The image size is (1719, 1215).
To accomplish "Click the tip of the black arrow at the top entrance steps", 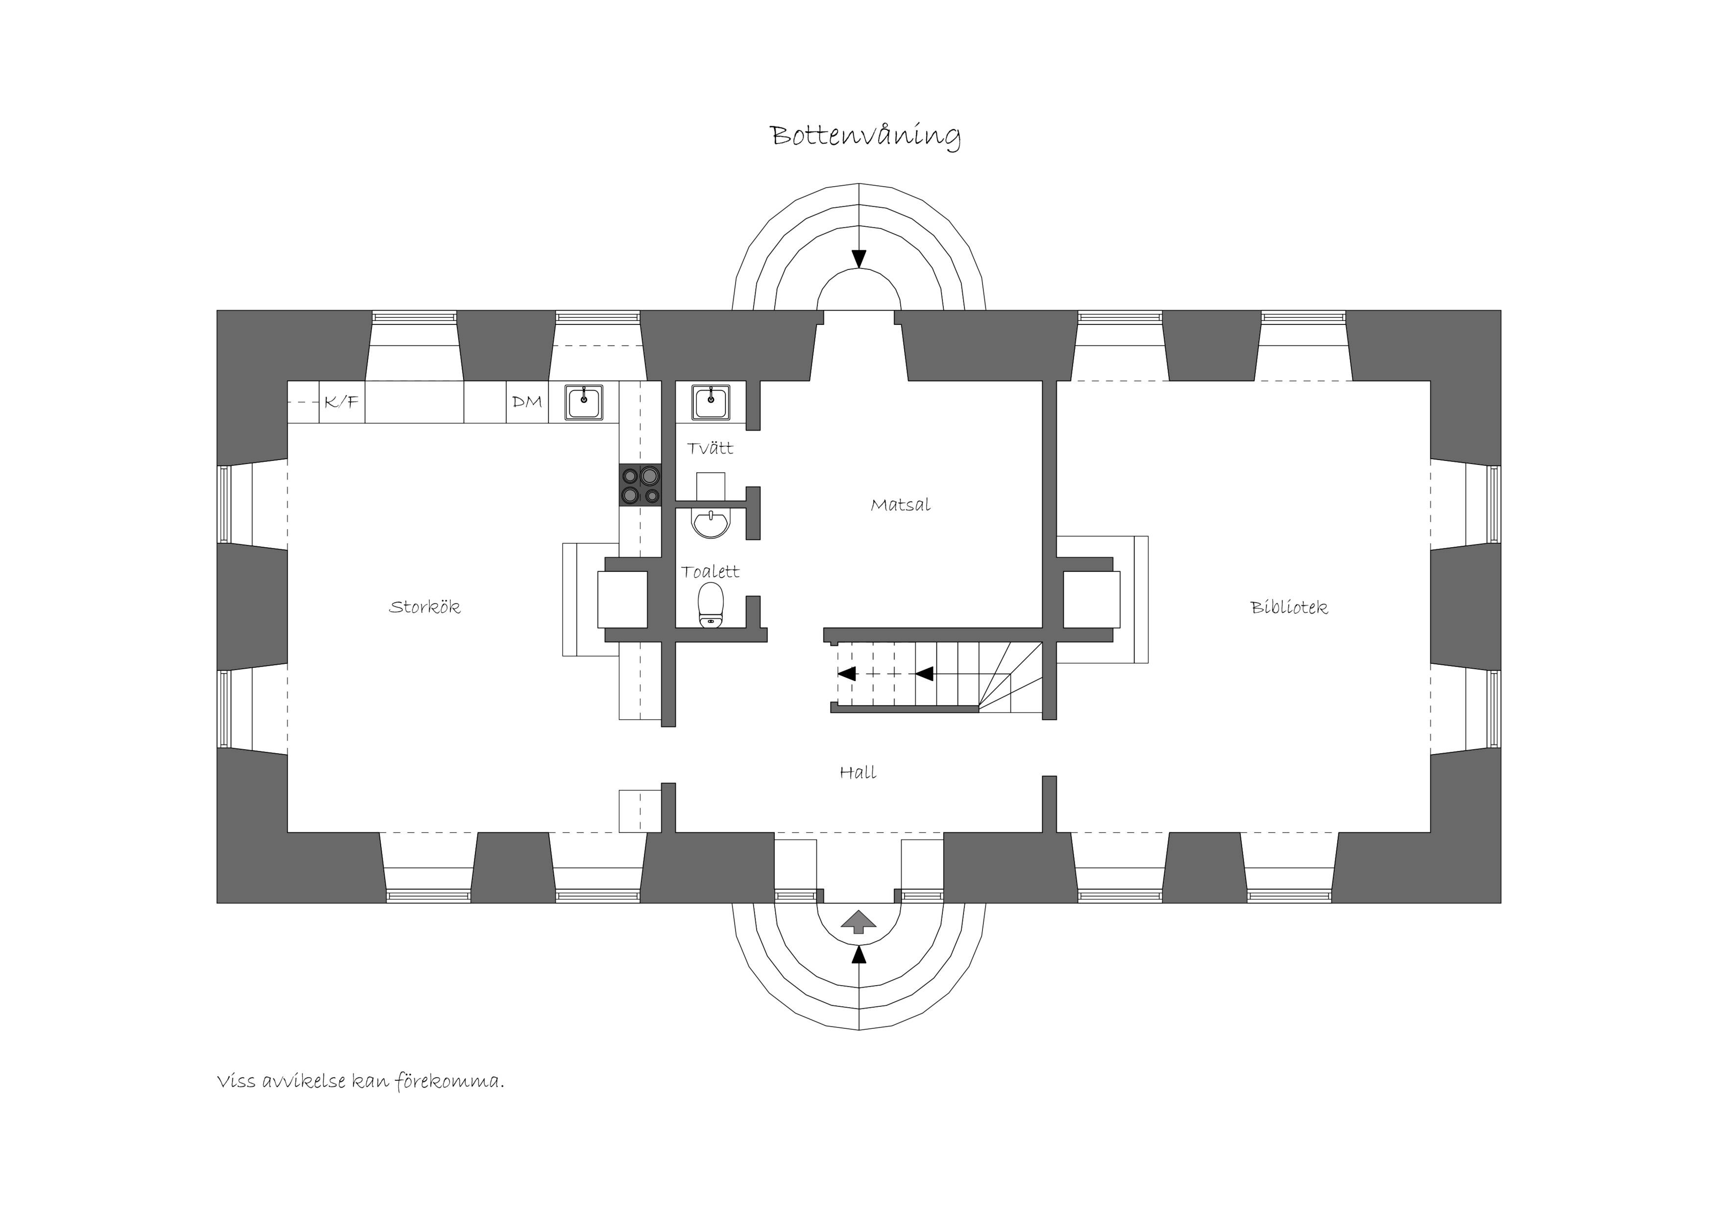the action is point(859,267).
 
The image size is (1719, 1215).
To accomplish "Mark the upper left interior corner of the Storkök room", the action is point(288,382).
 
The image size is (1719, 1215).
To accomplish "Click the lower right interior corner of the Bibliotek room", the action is point(1429,831).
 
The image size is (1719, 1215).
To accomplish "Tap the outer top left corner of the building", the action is point(217,311).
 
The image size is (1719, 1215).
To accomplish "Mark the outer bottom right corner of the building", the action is point(1500,903).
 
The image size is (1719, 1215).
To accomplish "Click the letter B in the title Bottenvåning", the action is point(780,136).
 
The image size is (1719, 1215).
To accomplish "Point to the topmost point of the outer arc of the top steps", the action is point(859,183).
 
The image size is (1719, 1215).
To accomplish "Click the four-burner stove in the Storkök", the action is point(640,485).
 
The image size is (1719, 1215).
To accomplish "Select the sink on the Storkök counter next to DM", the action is point(584,403).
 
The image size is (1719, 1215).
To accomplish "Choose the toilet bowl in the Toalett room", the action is point(711,606).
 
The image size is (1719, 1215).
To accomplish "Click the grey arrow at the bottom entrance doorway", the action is point(858,922).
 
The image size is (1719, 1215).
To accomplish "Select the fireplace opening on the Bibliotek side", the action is point(1092,599).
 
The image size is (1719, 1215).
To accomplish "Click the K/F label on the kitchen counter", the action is point(342,402).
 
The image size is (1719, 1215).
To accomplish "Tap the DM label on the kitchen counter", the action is point(527,402).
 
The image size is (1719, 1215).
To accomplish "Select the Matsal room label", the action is point(901,505).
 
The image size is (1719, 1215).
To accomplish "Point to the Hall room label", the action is point(858,773).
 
